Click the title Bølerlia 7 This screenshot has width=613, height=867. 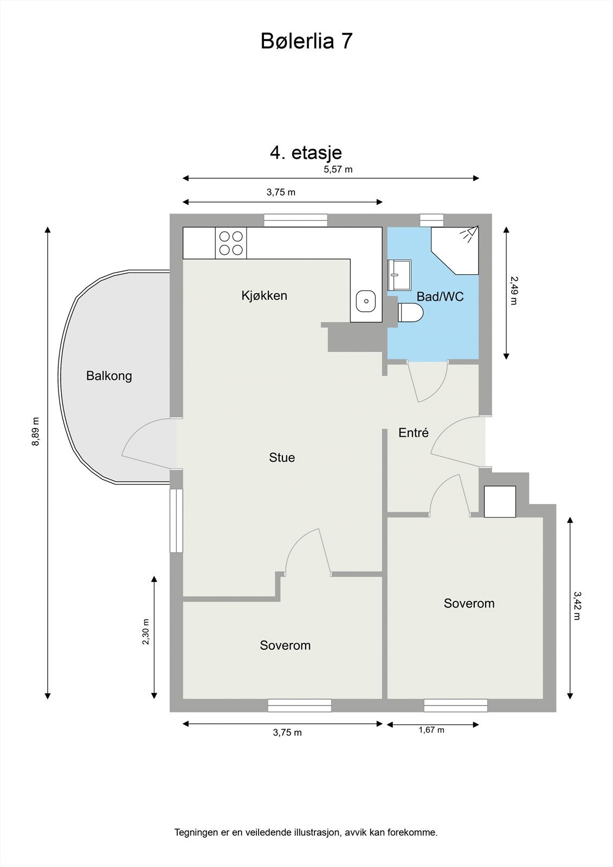pos(306,41)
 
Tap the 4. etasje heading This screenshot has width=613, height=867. pos(306,153)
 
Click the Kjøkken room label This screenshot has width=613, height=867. pos(264,296)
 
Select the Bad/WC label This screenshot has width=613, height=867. pos(440,297)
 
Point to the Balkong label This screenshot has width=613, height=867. pos(109,376)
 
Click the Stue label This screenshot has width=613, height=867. pos(282,458)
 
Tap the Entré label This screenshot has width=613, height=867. pos(413,433)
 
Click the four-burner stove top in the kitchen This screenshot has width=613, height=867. pos(230,243)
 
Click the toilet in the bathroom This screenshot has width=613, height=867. pos(410,313)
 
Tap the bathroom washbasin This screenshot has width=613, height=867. pos(399,275)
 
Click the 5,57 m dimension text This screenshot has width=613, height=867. pos(338,169)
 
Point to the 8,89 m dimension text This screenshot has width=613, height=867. pos(36,431)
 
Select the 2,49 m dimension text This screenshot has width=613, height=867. pos(514,290)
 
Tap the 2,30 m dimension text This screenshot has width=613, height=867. pos(145,632)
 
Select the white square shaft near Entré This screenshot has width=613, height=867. pos(499,501)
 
